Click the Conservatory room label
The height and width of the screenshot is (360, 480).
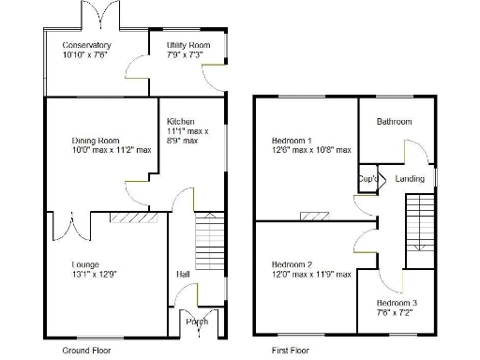[86, 45]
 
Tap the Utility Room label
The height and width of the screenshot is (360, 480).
[188, 45]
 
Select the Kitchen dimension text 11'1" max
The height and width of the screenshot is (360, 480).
[187, 131]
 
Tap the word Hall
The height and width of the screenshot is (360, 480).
[183, 274]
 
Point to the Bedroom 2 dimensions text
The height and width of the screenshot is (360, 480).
[311, 274]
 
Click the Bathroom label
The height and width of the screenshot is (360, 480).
[394, 122]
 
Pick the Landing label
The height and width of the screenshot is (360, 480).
[410, 178]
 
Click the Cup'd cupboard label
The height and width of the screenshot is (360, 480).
[367, 178]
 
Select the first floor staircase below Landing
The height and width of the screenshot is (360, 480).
[418, 222]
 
